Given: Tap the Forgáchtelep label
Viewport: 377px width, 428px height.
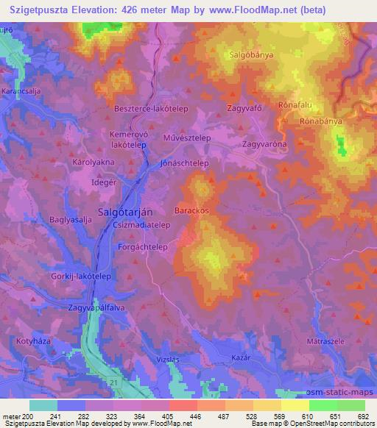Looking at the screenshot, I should coord(143,247).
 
